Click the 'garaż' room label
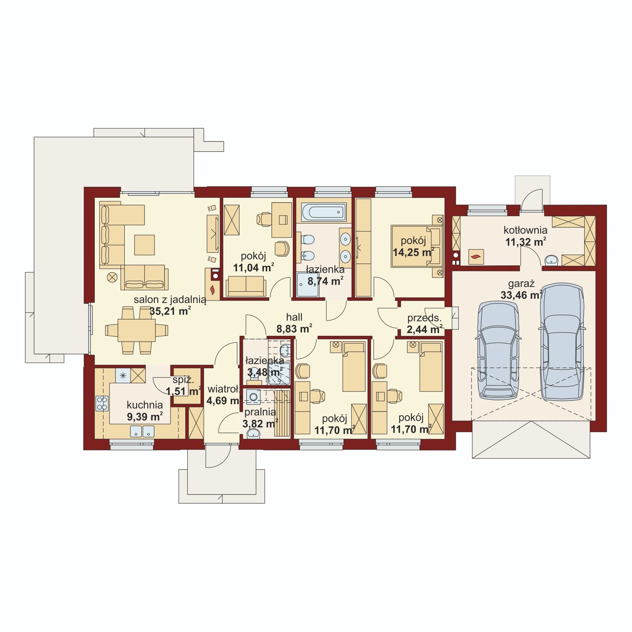pos(521,283)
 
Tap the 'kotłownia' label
pos(525,230)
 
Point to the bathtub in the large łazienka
pos(324,212)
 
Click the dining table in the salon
pos(137,330)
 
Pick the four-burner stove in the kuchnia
pos(102,403)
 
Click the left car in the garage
pos(498,350)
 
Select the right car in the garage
pos(562,342)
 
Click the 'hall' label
pos(294,317)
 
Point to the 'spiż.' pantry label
pos(183,380)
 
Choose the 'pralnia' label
pos(260,412)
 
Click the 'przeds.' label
pos(424,318)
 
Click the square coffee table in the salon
pos(144,245)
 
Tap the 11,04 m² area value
pos(254,267)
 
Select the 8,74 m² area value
pos(325,281)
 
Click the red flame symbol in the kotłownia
pos(476,257)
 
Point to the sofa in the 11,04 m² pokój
pos(246,286)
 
